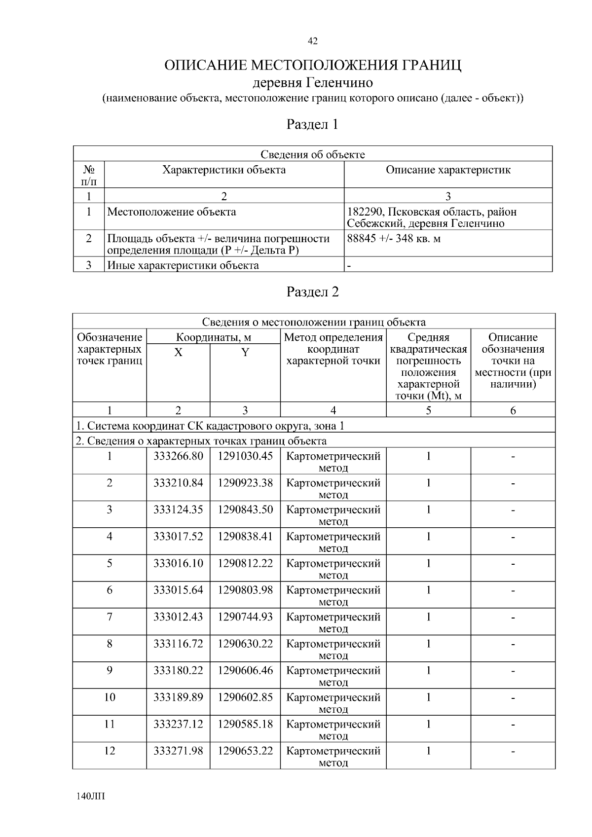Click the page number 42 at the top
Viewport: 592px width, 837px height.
(x=312, y=41)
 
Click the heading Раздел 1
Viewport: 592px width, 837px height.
(x=312, y=124)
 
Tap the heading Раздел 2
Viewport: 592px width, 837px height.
(x=313, y=292)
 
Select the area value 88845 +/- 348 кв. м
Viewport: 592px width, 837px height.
(x=394, y=239)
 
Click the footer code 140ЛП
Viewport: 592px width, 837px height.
(x=91, y=797)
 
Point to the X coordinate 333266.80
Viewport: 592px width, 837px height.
(x=178, y=456)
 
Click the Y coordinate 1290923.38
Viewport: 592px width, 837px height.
(x=245, y=483)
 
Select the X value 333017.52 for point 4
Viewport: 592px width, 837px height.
(x=178, y=536)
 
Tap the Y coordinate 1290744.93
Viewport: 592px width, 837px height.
(x=245, y=617)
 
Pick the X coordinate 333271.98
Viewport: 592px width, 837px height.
(x=178, y=751)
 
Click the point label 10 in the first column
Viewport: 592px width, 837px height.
(x=110, y=697)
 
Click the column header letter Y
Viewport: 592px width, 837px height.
(x=245, y=353)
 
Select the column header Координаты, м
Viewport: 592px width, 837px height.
(x=214, y=338)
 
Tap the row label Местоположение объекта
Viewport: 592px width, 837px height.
(x=172, y=212)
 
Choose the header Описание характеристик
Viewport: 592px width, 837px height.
(x=448, y=170)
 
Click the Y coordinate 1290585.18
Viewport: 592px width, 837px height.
(x=245, y=724)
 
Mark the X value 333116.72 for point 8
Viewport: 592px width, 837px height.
(x=178, y=644)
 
